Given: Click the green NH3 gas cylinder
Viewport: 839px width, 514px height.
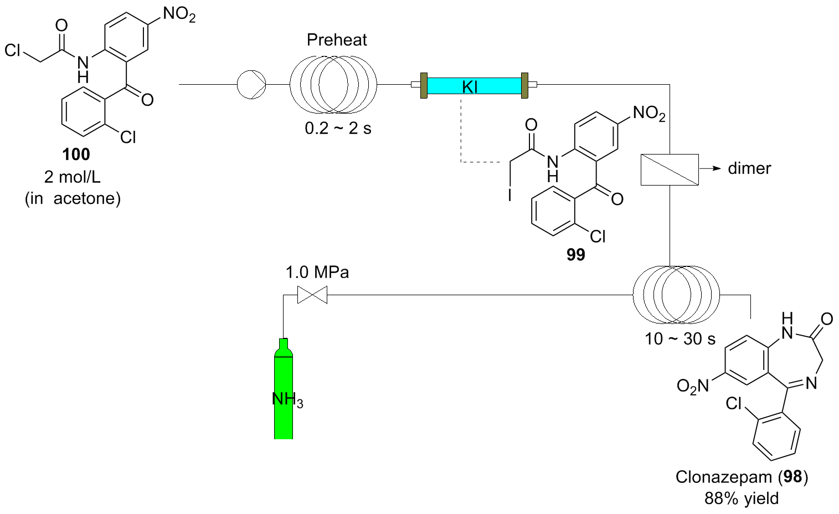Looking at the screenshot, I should point(284,393).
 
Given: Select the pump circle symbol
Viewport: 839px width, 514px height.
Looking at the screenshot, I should point(251,85).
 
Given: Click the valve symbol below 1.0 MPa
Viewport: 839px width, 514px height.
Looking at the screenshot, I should point(312,295).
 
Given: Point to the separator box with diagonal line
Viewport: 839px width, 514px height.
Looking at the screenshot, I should point(670,168).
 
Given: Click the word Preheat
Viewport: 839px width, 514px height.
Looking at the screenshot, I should point(337,40).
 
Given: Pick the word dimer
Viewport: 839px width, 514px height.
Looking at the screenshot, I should point(749,168).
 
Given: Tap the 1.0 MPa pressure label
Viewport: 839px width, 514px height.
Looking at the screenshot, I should point(317,273).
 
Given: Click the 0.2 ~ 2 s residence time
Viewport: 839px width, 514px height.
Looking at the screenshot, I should point(338,128).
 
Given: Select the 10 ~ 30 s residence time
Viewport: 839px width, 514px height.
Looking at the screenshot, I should point(680,338).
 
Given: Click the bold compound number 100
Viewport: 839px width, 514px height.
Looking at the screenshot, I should point(76,155).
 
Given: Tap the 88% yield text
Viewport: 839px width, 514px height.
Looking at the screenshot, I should point(741,498).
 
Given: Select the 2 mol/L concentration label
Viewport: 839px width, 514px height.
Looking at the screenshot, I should point(73,177).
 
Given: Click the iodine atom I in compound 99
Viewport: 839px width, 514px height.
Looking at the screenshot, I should point(510,196).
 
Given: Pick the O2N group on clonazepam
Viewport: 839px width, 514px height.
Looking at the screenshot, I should point(693,385).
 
